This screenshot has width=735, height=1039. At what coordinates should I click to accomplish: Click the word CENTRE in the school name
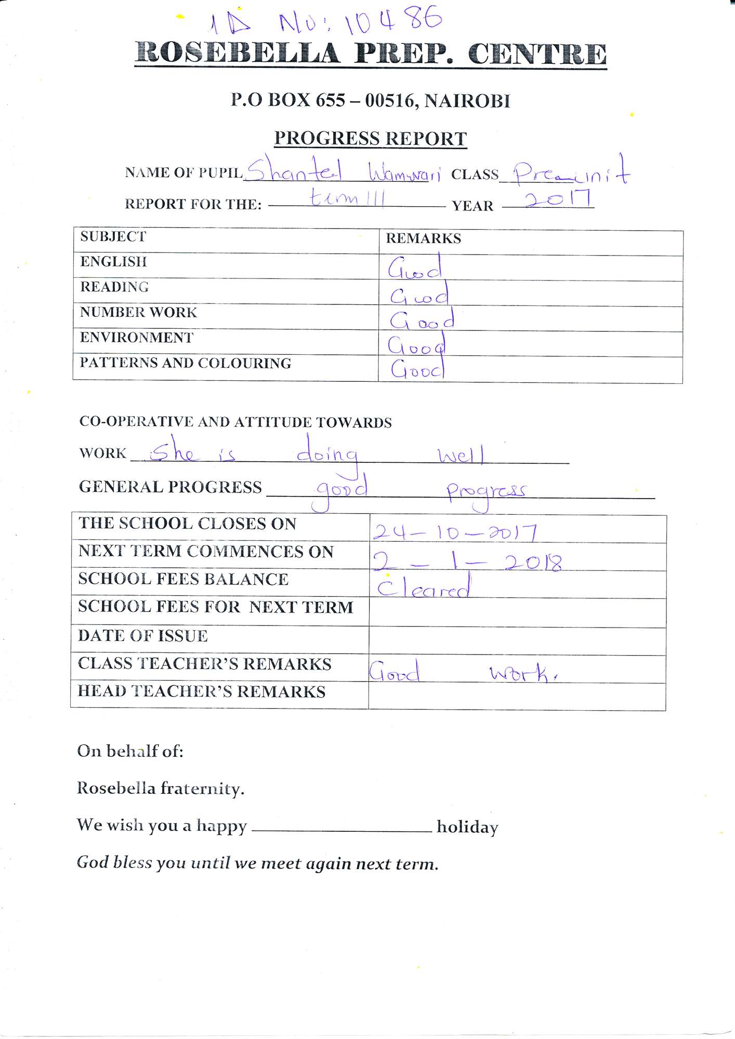point(537,55)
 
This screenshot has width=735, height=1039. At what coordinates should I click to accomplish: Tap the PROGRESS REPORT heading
point(370,139)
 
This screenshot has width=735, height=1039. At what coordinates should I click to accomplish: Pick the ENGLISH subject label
point(113,261)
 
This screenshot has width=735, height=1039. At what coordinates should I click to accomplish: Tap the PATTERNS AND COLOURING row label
point(185,363)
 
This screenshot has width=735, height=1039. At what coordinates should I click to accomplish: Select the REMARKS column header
point(423,238)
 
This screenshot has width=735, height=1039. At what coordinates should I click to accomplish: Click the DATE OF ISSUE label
point(143,636)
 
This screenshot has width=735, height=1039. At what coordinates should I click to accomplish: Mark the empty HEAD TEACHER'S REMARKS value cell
point(517,696)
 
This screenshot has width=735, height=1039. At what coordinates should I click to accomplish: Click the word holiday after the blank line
point(467,827)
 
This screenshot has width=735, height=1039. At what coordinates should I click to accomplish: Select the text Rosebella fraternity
point(160,789)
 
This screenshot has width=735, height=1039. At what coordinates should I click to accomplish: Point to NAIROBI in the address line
point(467,101)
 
